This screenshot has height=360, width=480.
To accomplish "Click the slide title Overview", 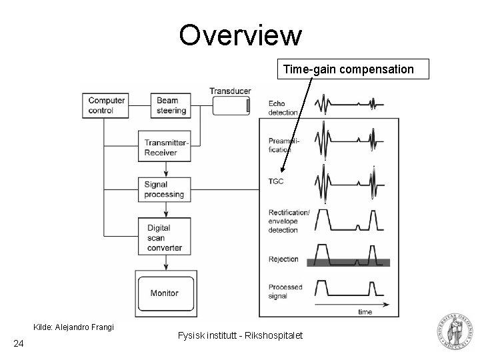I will [x=240, y=36].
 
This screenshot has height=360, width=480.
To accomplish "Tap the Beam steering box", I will [x=171, y=105].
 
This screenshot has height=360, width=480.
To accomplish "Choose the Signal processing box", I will [x=164, y=189].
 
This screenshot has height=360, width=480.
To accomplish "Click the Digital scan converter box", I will [x=164, y=237].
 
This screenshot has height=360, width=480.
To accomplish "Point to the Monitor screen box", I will [x=164, y=293].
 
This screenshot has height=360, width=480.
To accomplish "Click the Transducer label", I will [x=230, y=91].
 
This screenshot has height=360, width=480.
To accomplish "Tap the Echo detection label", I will [x=283, y=108].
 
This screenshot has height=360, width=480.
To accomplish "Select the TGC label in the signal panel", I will [x=277, y=181].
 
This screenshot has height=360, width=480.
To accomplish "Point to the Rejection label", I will [x=284, y=259].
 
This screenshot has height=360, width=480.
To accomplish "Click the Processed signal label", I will [x=285, y=291].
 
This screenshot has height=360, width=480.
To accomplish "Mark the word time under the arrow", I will [x=365, y=311].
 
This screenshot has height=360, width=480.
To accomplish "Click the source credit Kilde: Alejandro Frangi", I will [x=74, y=327].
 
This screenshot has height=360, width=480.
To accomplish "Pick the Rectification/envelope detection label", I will [x=289, y=221].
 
